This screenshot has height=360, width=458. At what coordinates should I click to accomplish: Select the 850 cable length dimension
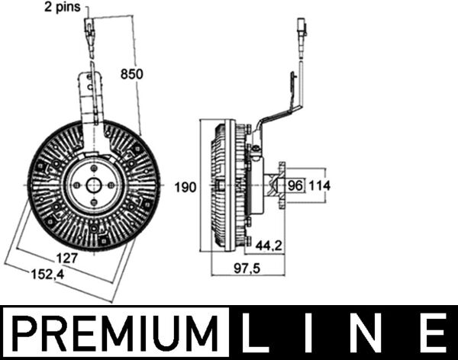tap(132, 74)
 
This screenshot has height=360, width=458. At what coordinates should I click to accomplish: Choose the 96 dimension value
tap(295, 185)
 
